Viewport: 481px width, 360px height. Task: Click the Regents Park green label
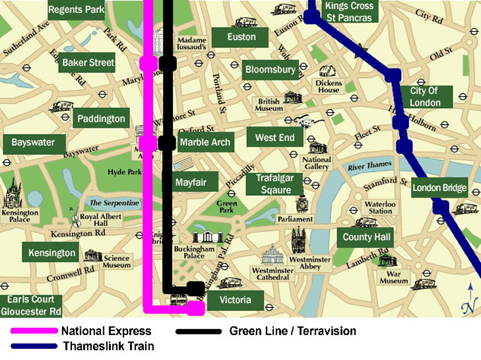coord(77,10)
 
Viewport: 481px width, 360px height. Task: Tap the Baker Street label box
coord(88,63)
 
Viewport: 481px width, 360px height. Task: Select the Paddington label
coord(100,119)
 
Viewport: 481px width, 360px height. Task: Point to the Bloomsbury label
coord(271,69)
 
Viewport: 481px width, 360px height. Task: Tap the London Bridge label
coord(439,188)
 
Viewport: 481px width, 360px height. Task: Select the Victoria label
coord(235,301)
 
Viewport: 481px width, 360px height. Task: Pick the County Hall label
coord(367,237)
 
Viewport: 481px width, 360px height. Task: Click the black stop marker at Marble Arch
coord(168,142)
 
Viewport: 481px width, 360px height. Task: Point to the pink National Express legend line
coord(32,331)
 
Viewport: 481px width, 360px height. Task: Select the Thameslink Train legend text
coord(108,346)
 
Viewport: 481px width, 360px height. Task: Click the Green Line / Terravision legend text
coord(292,331)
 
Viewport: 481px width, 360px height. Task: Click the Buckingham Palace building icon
coord(208,237)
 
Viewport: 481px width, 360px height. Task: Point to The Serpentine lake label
coord(114,204)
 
